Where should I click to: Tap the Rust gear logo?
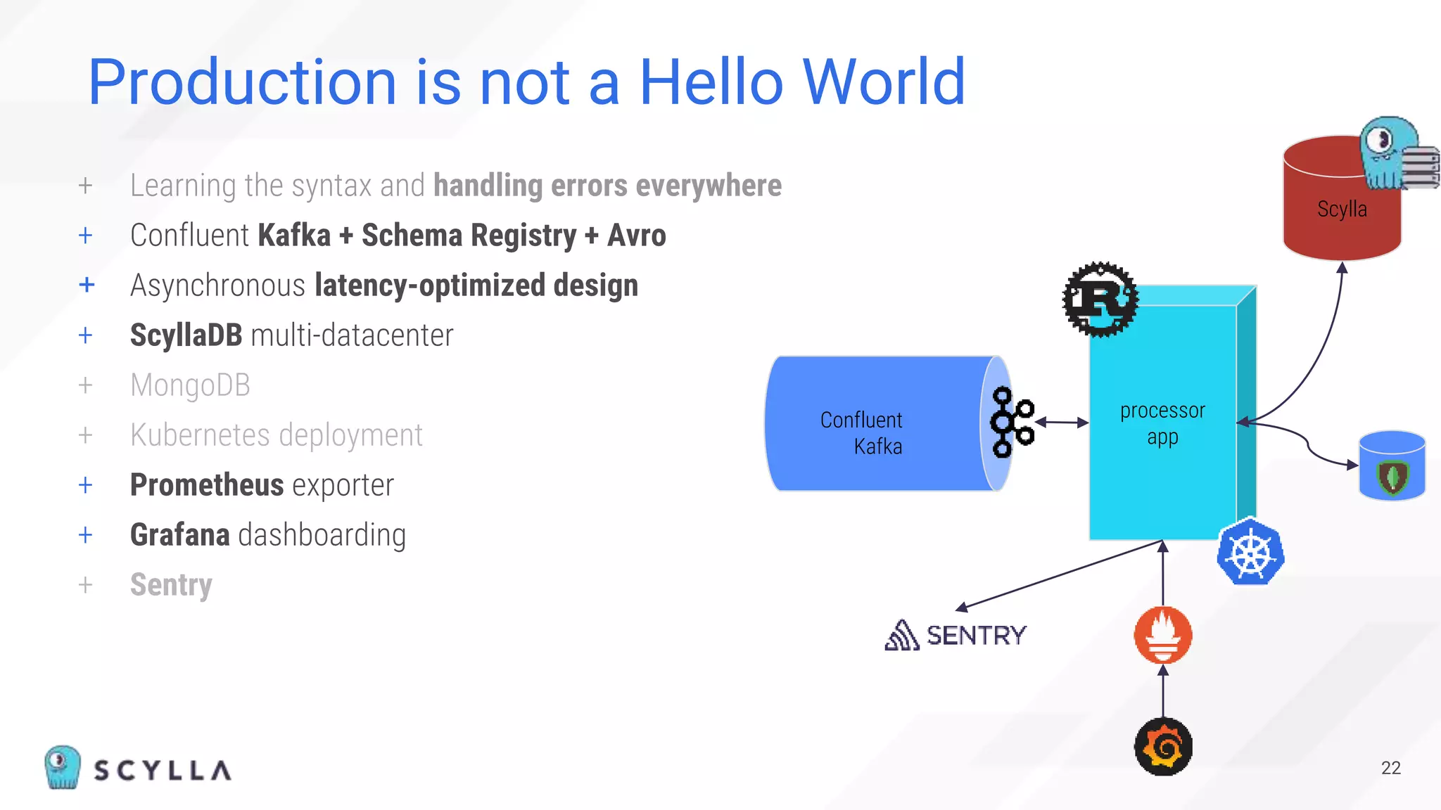(x=1100, y=300)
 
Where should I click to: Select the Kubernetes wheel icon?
(x=1250, y=553)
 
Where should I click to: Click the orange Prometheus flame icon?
(x=1163, y=635)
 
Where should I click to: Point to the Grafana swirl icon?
(x=1163, y=747)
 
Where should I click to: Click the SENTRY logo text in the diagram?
(x=975, y=636)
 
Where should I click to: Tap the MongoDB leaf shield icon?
(x=1392, y=477)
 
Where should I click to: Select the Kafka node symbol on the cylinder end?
(x=1010, y=422)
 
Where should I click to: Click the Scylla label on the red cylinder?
(x=1342, y=209)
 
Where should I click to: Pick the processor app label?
(x=1162, y=423)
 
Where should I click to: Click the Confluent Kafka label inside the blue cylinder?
(x=862, y=433)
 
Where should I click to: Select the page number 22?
(x=1390, y=768)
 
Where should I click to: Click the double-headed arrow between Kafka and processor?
(x=1062, y=423)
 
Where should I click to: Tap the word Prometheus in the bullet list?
(x=207, y=485)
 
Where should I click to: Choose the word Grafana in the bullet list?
(x=180, y=535)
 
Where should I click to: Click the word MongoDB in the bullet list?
(x=190, y=385)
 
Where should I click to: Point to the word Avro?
(x=636, y=236)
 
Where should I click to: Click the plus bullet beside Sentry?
(x=86, y=585)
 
